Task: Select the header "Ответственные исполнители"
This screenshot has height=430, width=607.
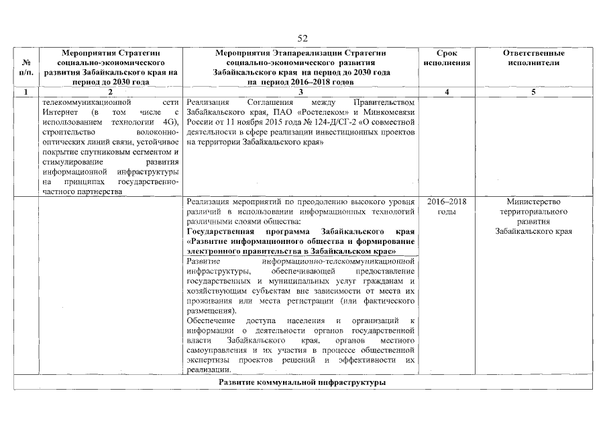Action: pos(533,58)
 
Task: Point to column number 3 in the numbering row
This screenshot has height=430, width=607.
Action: pos(300,92)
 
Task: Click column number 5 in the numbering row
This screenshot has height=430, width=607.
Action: pos(533,92)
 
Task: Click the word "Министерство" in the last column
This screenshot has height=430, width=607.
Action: pos(533,202)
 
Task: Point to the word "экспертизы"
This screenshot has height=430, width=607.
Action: pos(208,360)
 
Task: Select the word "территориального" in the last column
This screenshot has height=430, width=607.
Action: pos(533,212)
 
